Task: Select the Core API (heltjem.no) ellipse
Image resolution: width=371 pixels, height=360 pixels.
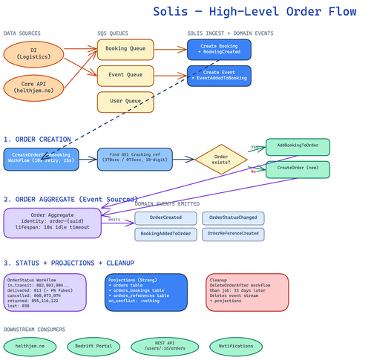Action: (x=33, y=87)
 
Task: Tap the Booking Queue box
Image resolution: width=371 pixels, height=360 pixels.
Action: (x=125, y=50)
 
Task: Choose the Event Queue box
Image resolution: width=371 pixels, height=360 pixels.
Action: (x=125, y=75)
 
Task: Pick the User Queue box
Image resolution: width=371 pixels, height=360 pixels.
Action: (x=125, y=102)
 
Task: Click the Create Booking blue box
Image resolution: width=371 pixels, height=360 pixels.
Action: (x=219, y=50)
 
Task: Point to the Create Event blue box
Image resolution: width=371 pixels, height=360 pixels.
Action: (x=219, y=76)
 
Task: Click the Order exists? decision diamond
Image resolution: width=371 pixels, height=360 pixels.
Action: (x=221, y=160)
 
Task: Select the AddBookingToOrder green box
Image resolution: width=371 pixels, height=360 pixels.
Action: (x=298, y=146)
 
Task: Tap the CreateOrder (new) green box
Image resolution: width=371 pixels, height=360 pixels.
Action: (x=298, y=169)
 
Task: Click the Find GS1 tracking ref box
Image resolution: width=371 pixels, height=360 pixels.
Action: (x=134, y=159)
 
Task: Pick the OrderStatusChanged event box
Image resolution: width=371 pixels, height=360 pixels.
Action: (x=233, y=218)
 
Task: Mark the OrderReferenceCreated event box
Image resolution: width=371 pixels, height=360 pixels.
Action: (x=233, y=235)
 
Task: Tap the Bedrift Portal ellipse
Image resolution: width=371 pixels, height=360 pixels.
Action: (x=93, y=347)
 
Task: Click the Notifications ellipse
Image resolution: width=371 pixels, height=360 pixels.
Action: (x=235, y=347)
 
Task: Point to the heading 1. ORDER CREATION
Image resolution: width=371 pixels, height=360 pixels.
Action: (x=37, y=139)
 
